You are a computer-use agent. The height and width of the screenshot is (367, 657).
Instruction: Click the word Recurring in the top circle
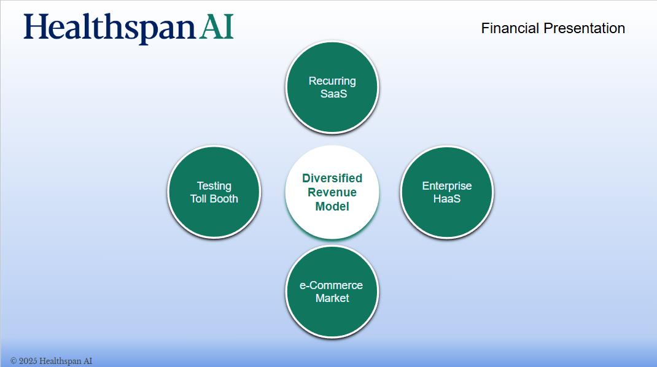[332, 81]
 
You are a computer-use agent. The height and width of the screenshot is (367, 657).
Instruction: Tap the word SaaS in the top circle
[333, 94]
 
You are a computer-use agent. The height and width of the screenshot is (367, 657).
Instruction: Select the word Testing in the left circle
[214, 187]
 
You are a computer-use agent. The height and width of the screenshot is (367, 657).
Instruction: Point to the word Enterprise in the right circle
[446, 186]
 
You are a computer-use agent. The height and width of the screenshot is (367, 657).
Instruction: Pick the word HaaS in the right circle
[446, 199]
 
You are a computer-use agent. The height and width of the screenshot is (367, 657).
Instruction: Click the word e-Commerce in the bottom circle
[331, 285]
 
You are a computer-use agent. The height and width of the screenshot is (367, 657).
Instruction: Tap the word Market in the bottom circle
[332, 298]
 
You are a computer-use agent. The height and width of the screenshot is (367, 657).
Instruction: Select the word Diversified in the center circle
[332, 178]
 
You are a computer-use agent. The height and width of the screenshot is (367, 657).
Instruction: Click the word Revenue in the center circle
[332, 192]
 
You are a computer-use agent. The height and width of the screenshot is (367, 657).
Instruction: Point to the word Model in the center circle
[332, 207]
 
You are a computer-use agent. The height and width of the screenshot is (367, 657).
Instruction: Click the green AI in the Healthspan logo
[216, 27]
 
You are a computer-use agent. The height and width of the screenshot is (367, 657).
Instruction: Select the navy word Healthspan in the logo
[109, 28]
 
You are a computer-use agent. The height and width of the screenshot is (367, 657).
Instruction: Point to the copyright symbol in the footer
[14, 361]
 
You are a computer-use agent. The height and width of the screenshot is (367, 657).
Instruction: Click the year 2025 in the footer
[28, 361]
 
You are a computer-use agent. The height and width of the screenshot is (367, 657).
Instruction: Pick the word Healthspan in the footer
[60, 361]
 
